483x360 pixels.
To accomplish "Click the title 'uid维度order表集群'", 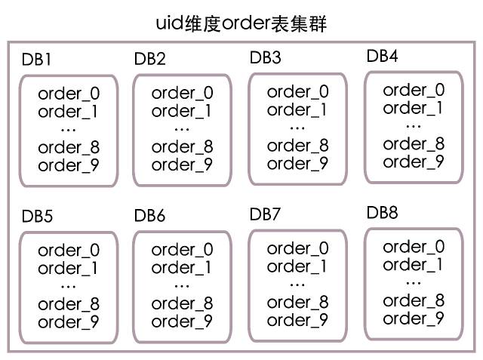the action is click(241, 23).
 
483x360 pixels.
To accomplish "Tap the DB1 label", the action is click(36, 60).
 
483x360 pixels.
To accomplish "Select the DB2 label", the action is click(150, 59).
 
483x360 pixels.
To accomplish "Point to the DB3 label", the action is click(265, 57).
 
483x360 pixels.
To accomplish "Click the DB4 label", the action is click(382, 56).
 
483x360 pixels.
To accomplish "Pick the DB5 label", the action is click(37, 216).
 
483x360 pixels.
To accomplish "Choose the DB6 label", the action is click(149, 216).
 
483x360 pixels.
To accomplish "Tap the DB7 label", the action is click(265, 214).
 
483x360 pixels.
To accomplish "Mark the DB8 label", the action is click(382, 213).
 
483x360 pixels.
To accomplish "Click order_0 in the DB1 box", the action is click(69, 94).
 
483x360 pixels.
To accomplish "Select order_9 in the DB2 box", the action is click(182, 165).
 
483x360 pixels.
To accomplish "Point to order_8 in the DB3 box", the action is click(297, 146).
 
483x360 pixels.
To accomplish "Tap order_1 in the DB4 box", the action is click(413, 108).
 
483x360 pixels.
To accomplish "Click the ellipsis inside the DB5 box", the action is click(69, 287).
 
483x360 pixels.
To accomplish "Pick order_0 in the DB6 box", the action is click(182, 250).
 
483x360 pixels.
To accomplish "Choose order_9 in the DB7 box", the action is click(297, 320).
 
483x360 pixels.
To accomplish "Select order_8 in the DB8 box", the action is click(414, 300).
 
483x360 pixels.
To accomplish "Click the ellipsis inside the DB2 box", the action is click(182, 130).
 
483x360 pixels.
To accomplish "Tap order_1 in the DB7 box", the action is click(297, 266).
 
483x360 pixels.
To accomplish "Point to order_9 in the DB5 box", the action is click(69, 322).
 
